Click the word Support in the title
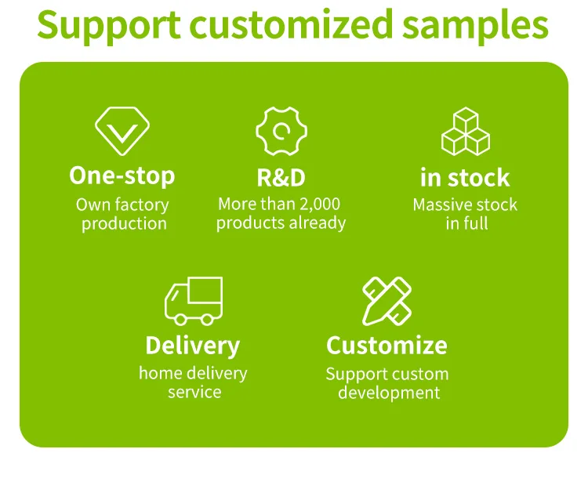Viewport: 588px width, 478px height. pyautogui.click(x=109, y=26)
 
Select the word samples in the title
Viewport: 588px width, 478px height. pyautogui.click(x=476, y=26)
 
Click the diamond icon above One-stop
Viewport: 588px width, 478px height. pyautogui.click(x=122, y=131)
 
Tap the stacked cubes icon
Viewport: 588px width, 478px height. pyautogui.click(x=466, y=131)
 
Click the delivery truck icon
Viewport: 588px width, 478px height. pyautogui.click(x=194, y=301)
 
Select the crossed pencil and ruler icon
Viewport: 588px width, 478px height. pyautogui.click(x=387, y=301)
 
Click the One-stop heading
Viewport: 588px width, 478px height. pyautogui.click(x=122, y=176)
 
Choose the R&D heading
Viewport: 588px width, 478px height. pyautogui.click(x=281, y=177)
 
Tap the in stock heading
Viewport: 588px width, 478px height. pyautogui.click(x=465, y=177)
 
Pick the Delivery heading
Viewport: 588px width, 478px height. pyautogui.click(x=193, y=346)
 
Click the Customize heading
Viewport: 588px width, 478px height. pyautogui.click(x=387, y=346)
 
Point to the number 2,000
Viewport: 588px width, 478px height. pyautogui.click(x=320, y=205)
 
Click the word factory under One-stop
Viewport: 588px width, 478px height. pyautogui.click(x=142, y=205)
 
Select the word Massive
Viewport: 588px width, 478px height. pyautogui.click(x=439, y=205)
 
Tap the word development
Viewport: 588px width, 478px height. pyautogui.click(x=389, y=393)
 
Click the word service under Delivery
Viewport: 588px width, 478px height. pyautogui.click(x=194, y=393)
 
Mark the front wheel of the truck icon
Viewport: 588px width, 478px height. pyautogui.click(x=180, y=320)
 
